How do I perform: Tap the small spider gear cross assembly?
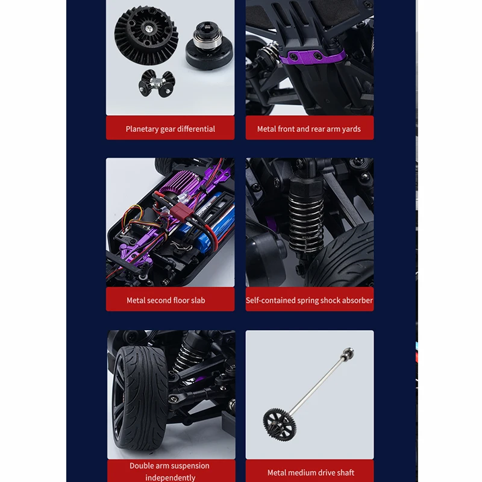point(157,83)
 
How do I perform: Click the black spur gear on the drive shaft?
point(280,425)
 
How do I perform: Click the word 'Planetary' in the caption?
point(142,129)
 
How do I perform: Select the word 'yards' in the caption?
point(351,129)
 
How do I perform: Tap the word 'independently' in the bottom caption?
point(171,478)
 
